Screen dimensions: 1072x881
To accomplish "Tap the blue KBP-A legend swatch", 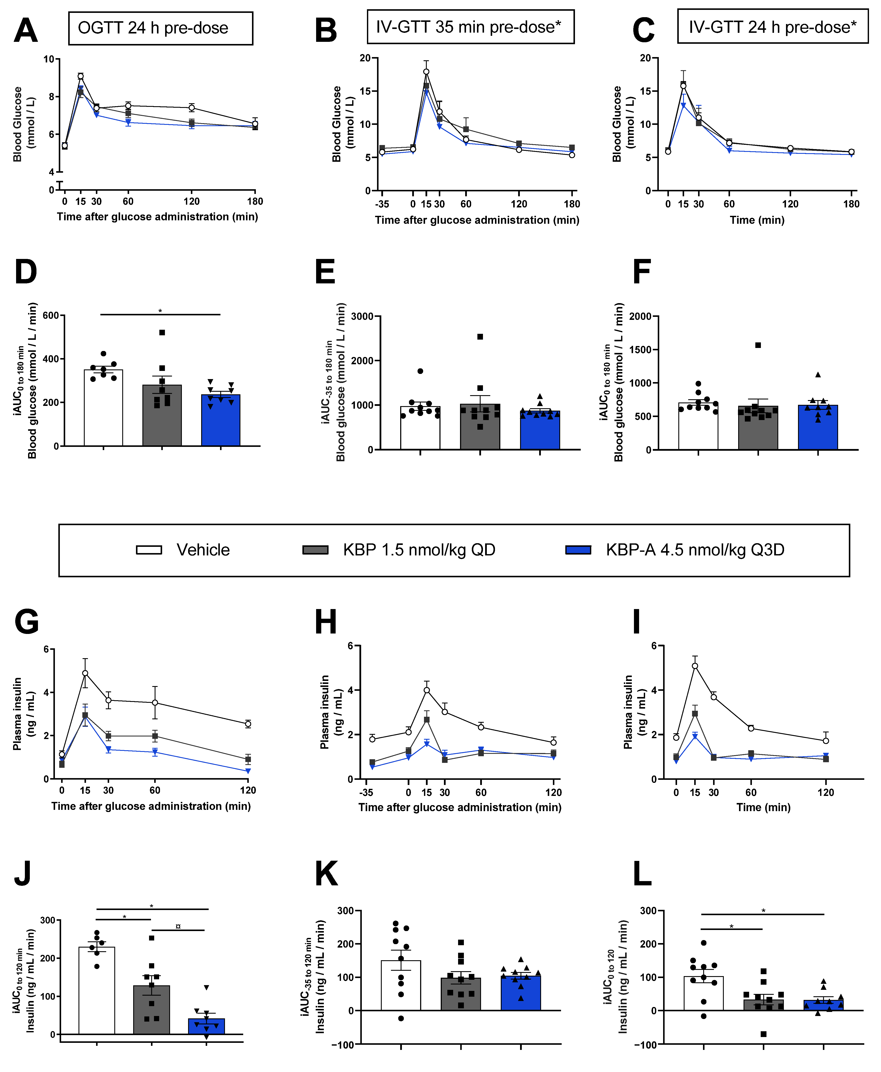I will (578, 550).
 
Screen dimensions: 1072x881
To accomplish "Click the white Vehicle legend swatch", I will (149, 550).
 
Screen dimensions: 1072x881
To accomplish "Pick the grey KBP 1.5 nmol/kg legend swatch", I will (315, 550).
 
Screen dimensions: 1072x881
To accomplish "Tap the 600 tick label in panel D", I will (51, 315).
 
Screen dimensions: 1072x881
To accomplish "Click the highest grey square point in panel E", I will (480, 337).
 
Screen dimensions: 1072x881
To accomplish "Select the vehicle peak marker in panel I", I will (695, 666).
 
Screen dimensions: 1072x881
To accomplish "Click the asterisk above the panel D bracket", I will (160, 311).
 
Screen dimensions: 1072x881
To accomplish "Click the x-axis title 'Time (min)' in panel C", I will (757, 220).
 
